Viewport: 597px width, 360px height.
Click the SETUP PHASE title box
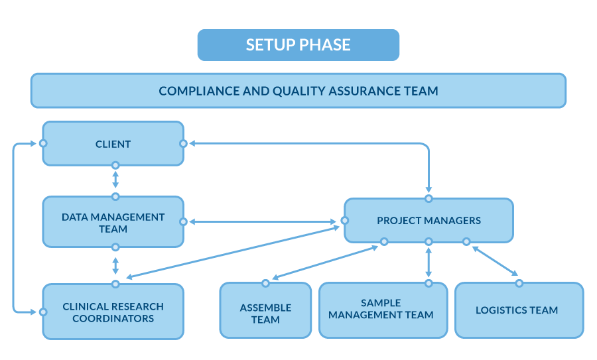click(298, 45)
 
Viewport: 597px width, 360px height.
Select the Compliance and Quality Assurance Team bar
click(298, 91)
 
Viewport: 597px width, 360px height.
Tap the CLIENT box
click(113, 144)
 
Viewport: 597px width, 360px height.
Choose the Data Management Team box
click(113, 222)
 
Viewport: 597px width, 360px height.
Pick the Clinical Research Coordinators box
click(113, 312)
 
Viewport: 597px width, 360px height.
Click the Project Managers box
click(429, 220)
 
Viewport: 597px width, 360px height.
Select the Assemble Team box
click(265, 313)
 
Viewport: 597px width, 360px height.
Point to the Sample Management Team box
click(381, 309)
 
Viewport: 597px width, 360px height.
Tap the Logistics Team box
click(517, 310)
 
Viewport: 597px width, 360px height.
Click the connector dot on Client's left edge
click(42, 143)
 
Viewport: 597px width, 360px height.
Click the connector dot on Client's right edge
click(184, 143)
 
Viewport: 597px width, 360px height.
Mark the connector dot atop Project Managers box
click(429, 198)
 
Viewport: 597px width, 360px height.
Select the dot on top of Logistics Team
click(519, 283)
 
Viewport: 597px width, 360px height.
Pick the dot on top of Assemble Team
click(265, 284)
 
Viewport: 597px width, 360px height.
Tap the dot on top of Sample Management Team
click(429, 283)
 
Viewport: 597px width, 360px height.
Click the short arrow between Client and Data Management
click(115, 180)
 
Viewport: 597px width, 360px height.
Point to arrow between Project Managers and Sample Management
click(429, 262)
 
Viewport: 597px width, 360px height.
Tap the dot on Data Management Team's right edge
click(184, 221)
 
